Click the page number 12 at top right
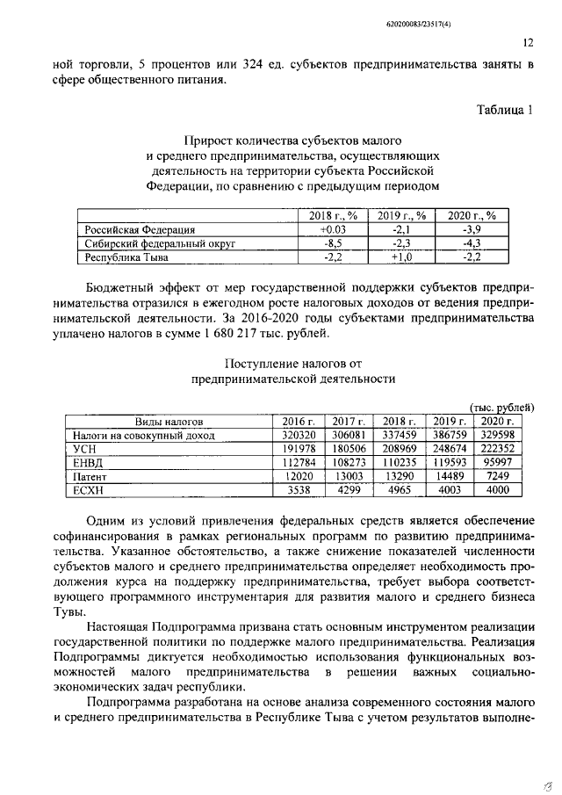tap(529, 42)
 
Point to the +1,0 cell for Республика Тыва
tap(402, 257)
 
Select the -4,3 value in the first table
tap(472, 243)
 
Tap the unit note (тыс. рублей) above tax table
tap(501, 408)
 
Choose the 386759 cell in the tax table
tap(448, 434)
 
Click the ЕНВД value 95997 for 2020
tap(497, 461)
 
